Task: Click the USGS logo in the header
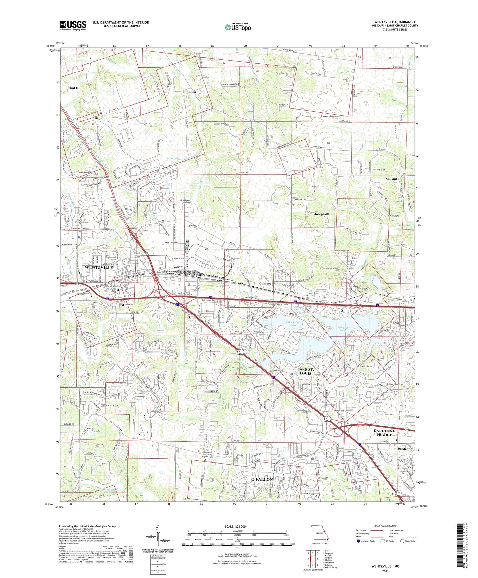[x=73, y=25]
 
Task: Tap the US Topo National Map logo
[x=237, y=27]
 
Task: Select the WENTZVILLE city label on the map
[x=99, y=267]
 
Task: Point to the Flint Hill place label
[x=75, y=88]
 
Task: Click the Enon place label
[x=192, y=92]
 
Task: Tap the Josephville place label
[x=322, y=214]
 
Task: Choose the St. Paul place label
[x=391, y=179]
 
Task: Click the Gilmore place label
[x=265, y=284]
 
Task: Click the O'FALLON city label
[x=262, y=479]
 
